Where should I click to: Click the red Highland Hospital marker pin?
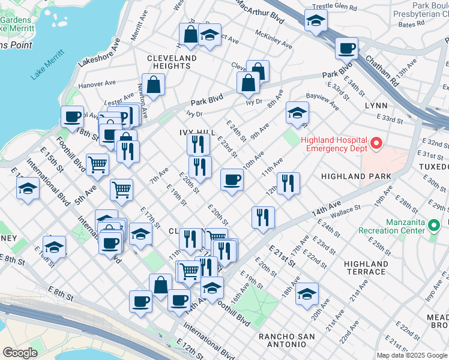point(376,143)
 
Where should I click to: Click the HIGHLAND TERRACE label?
point(365,268)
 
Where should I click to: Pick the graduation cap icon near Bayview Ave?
point(297,112)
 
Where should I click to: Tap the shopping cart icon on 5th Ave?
point(97,164)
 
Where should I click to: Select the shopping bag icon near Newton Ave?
point(153,85)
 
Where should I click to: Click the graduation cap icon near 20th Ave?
point(307,294)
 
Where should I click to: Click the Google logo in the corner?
point(20,353)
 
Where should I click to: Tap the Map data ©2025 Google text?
point(412,355)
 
